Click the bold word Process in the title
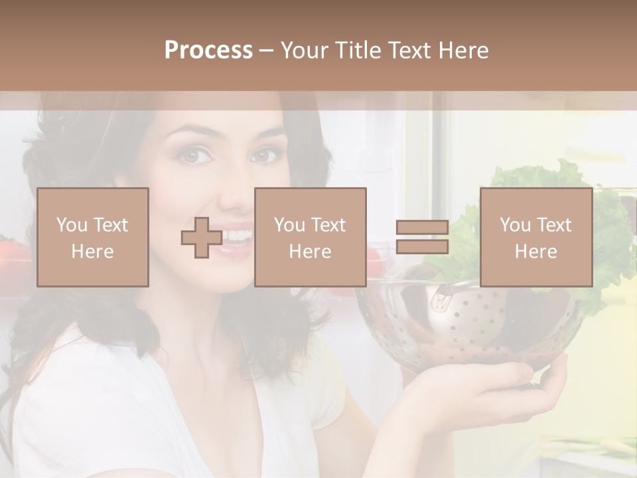click(208, 50)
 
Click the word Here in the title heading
click(463, 50)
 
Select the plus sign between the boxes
click(202, 238)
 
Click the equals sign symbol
click(422, 237)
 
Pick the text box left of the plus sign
click(93, 237)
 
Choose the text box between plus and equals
click(310, 237)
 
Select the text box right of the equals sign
click(535, 237)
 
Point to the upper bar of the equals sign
click(422, 228)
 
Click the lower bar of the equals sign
click(422, 247)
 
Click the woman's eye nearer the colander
click(264, 155)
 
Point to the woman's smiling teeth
click(239, 236)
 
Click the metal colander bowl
click(464, 325)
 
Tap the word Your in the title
click(303, 50)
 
